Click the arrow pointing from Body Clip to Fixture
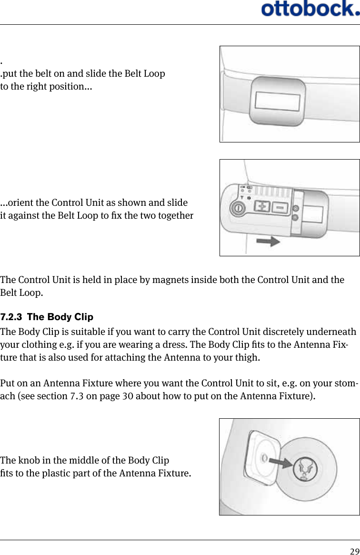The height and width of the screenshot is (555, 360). coord(280,461)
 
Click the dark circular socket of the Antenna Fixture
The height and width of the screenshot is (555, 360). coord(303,466)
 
